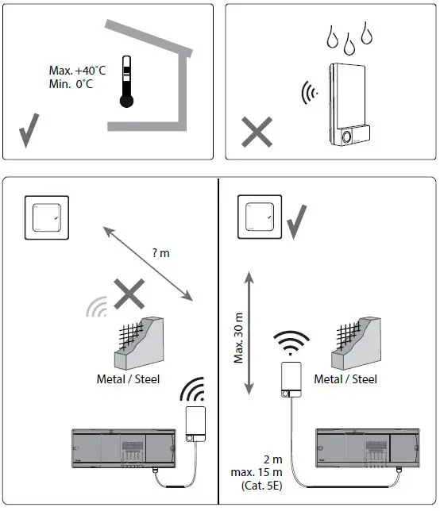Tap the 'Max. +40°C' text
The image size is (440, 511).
point(78,71)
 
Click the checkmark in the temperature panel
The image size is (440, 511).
point(29,131)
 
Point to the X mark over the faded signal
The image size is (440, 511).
point(128,297)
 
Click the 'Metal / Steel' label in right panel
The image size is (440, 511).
point(345,379)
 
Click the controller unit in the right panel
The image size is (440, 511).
point(368,450)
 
